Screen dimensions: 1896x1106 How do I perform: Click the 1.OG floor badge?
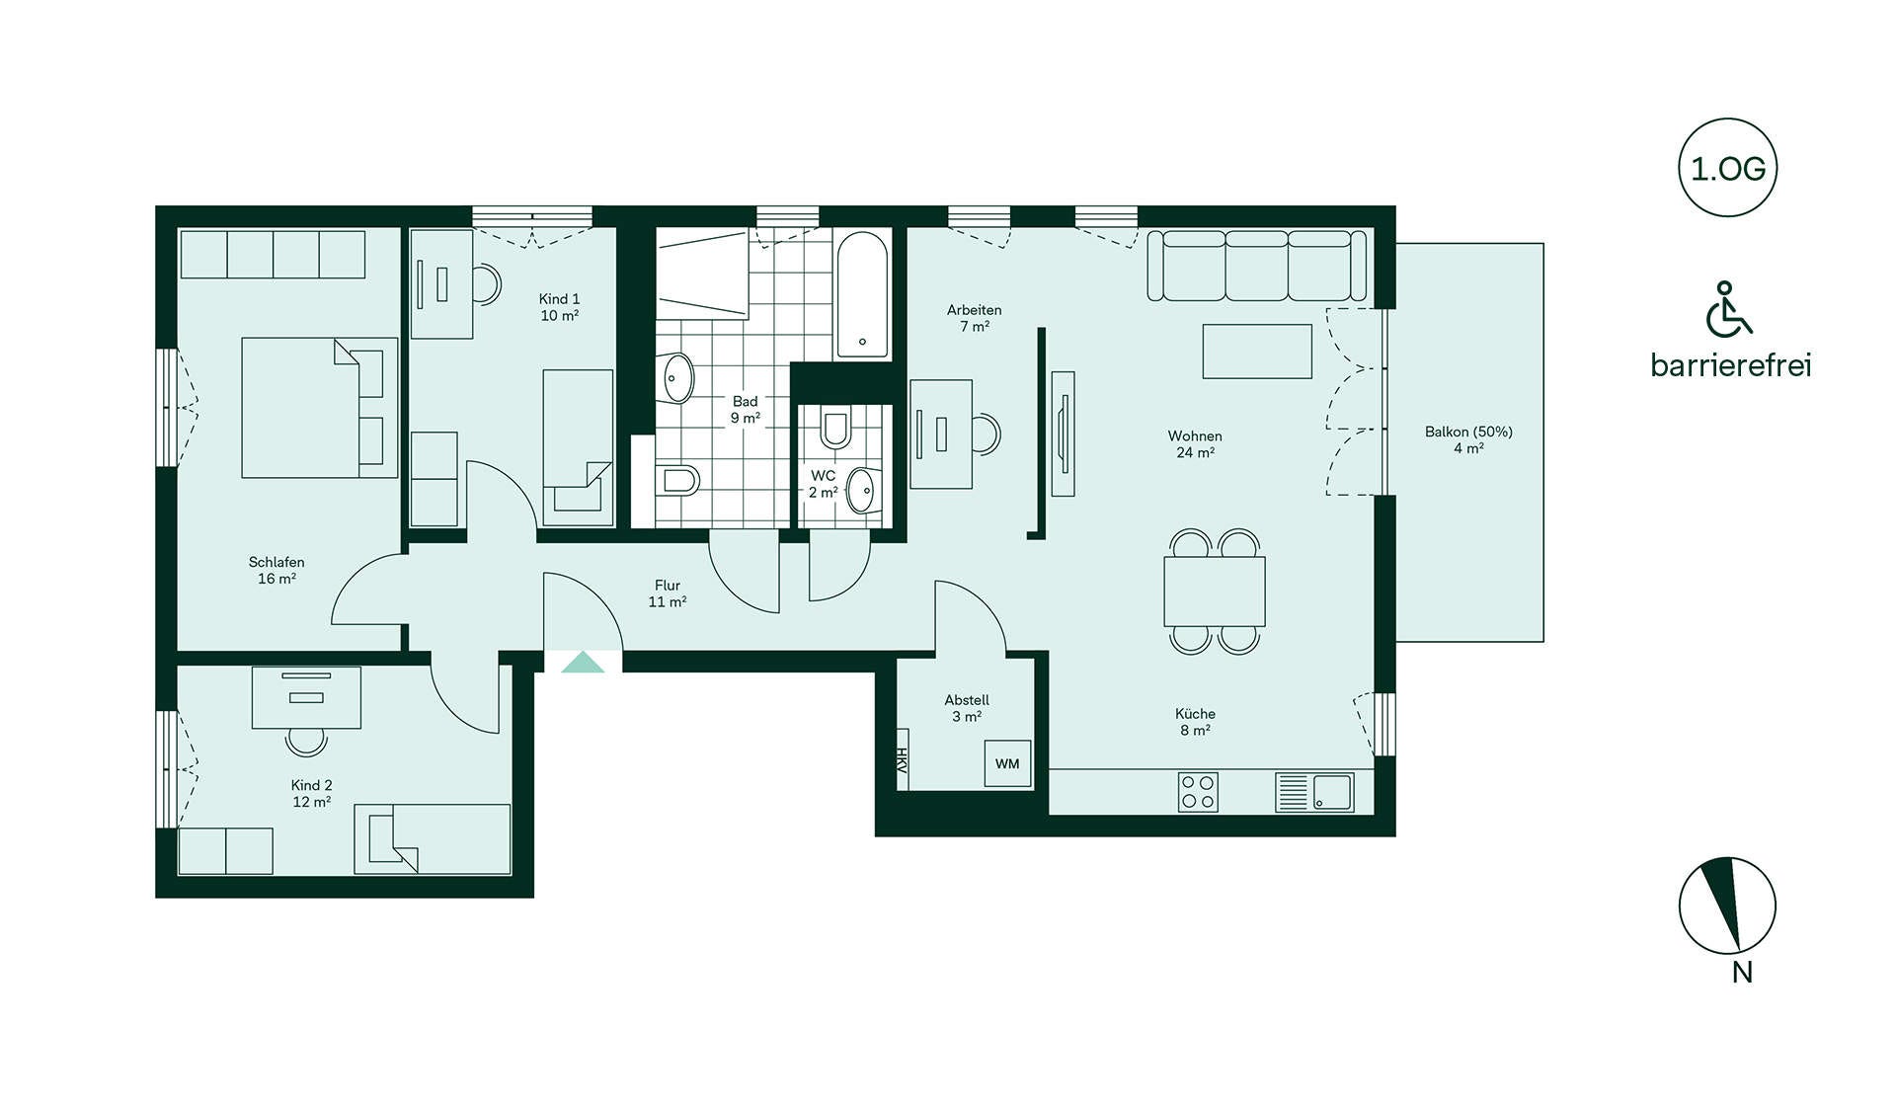tap(1727, 168)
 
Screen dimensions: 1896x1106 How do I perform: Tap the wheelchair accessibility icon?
tap(1728, 309)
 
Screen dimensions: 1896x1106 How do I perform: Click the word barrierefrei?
tap(1731, 365)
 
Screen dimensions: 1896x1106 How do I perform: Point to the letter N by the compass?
tap(1742, 973)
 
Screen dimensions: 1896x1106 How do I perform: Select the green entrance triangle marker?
tap(583, 662)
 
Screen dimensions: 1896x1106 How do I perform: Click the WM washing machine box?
tap(1007, 763)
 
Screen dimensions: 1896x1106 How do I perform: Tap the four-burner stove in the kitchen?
tap(1198, 792)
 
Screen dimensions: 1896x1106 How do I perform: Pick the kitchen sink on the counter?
tap(1332, 792)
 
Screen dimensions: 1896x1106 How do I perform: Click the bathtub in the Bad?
tap(862, 294)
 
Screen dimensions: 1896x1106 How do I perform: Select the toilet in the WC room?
tap(835, 429)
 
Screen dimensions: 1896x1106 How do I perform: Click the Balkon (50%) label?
tap(1468, 432)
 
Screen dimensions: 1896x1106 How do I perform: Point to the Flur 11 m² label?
tap(668, 593)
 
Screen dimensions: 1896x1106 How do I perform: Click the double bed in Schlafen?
tap(320, 408)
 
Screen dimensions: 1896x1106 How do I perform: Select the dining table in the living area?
tap(1215, 592)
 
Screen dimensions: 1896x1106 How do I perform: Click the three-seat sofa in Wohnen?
tap(1257, 265)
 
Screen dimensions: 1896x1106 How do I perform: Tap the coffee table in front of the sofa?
tap(1257, 352)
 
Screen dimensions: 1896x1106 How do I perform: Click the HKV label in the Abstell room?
tap(902, 759)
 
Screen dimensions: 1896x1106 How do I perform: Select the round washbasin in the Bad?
tap(677, 377)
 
